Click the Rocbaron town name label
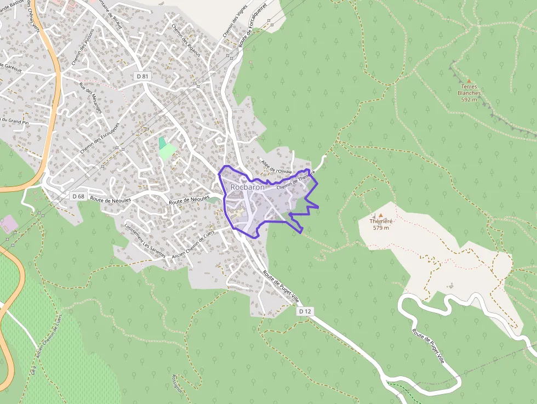pyautogui.click(x=247, y=187)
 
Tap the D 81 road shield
pyautogui.click(x=142, y=76)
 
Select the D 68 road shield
pyautogui.click(x=78, y=196)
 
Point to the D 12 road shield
pyautogui.click(x=305, y=311)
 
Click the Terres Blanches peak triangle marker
pyautogui.click(x=469, y=81)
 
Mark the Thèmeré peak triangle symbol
pyautogui.click(x=381, y=215)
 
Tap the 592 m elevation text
pyautogui.click(x=469, y=100)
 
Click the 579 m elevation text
pyautogui.click(x=381, y=228)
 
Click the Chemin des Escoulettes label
pyautogui.click(x=99, y=138)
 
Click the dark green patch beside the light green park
pyautogui.click(x=162, y=143)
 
